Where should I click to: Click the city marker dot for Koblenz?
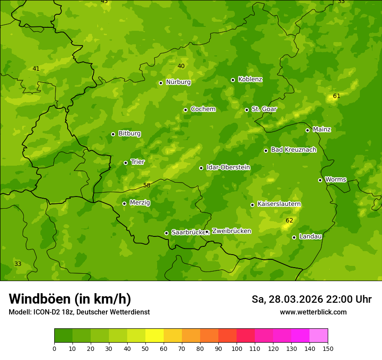coord(233,80)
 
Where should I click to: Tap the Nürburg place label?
coord(178,82)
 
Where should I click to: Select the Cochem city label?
coord(203,109)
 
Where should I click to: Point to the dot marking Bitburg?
coord(113,134)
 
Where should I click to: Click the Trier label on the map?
coord(138,162)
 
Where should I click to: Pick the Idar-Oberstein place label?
coord(228,167)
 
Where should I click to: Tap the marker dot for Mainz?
coord(308,130)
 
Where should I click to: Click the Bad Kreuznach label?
coord(293,150)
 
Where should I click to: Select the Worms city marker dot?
coord(320,180)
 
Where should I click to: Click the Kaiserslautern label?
coord(279,204)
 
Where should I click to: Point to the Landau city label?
coord(310,237)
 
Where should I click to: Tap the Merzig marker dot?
coord(125,203)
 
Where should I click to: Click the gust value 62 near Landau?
coord(290,221)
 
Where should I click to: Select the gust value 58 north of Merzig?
coord(147,186)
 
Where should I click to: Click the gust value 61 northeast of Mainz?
coord(337,96)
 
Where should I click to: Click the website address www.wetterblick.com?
coord(313,312)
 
